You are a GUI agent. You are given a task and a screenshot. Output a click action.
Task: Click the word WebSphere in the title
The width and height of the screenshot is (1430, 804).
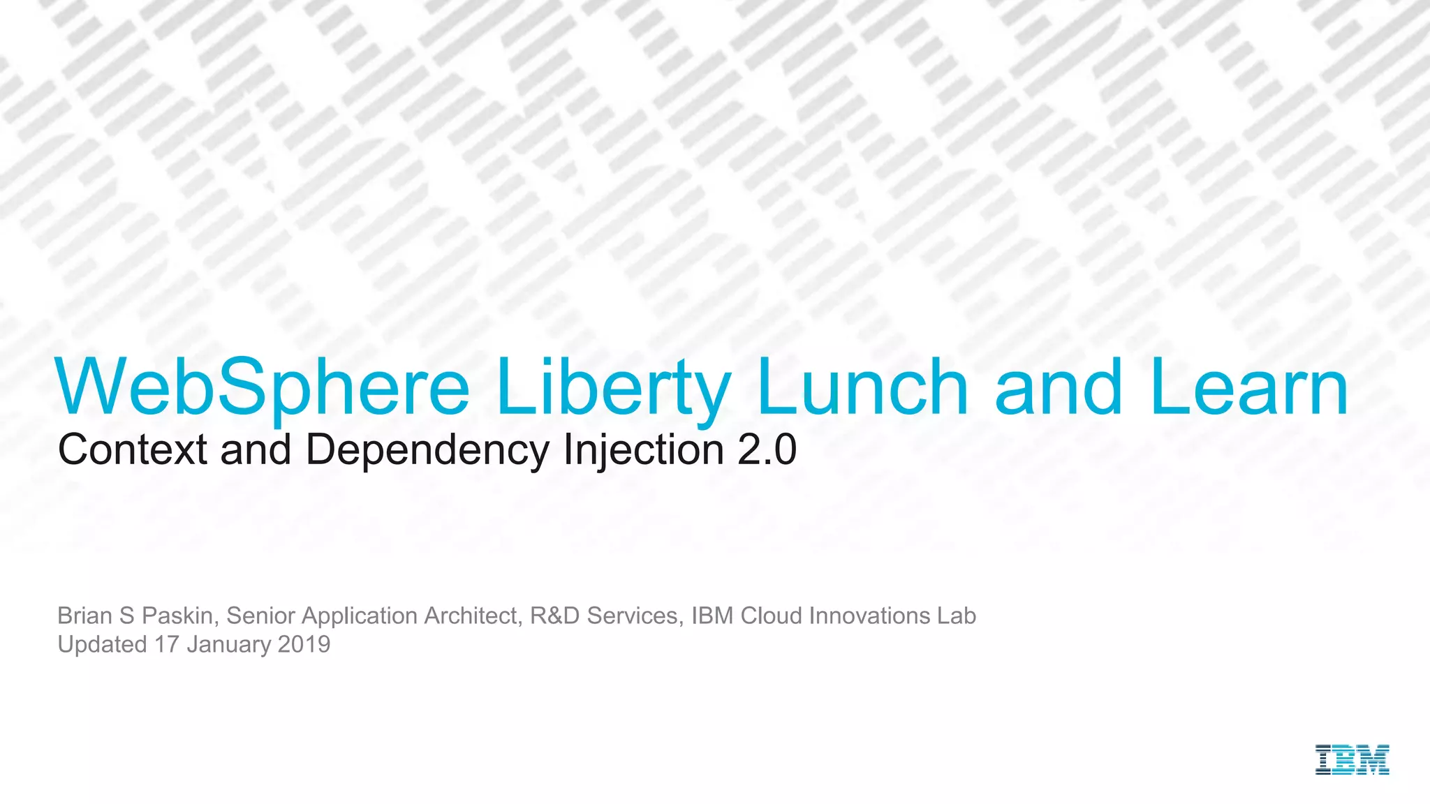(263, 387)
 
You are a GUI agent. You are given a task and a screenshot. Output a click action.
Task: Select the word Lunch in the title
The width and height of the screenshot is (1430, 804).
(862, 387)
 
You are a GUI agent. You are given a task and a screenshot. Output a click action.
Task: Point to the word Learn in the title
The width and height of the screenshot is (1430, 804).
(1249, 387)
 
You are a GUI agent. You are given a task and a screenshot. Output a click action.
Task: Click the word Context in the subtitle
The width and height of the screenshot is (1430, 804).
(133, 449)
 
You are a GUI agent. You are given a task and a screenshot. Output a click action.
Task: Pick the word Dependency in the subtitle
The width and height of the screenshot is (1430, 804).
(427, 450)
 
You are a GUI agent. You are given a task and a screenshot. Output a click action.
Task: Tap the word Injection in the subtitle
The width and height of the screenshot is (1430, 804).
(643, 450)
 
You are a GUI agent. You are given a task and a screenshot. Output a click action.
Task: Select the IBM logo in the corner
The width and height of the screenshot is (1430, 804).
(1352, 759)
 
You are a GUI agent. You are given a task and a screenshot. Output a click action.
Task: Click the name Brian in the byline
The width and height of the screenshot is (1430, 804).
(84, 616)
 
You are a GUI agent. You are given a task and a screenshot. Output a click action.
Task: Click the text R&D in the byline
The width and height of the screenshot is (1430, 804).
(554, 616)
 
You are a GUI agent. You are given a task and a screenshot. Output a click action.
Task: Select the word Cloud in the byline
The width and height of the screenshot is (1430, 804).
(771, 616)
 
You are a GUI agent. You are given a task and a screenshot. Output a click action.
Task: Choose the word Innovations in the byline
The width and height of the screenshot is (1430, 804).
(869, 616)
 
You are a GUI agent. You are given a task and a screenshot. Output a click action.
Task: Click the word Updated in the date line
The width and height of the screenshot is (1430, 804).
(102, 644)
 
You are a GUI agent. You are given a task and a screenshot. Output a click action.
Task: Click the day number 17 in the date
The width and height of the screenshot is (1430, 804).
(167, 644)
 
